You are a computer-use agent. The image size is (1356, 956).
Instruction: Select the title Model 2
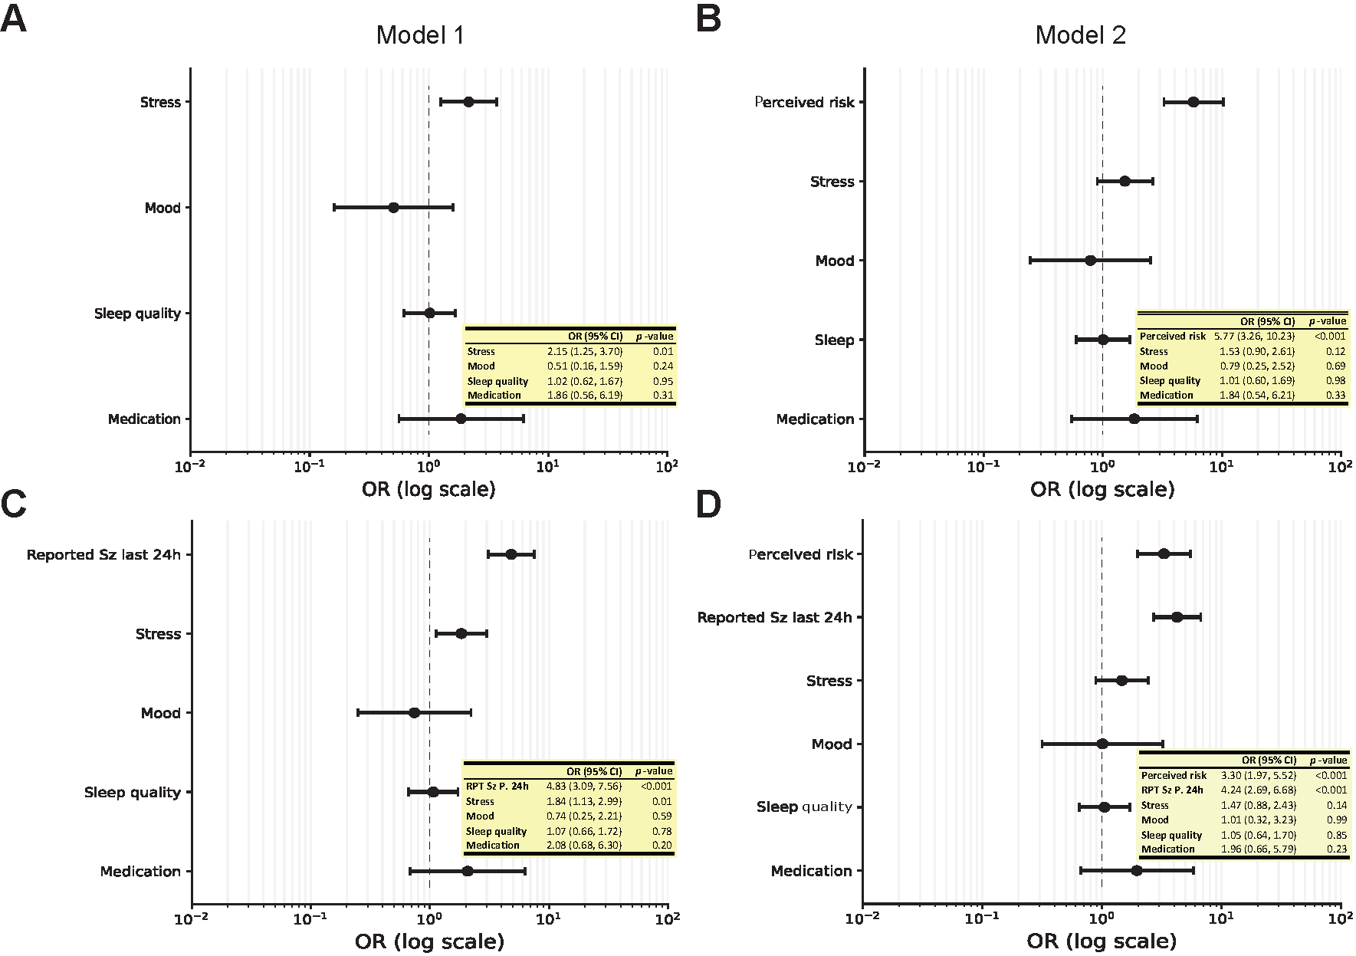(1080, 35)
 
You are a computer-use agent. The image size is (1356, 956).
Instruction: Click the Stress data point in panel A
(468, 102)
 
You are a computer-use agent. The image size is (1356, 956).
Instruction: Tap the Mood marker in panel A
(393, 208)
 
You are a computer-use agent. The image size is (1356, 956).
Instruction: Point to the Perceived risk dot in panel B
(1193, 102)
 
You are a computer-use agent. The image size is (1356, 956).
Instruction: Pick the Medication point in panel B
(1134, 419)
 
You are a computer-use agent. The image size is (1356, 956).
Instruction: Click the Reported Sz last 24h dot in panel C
(511, 554)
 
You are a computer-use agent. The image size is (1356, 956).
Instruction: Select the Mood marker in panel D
(1102, 744)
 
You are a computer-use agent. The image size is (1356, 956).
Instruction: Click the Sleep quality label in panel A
(137, 314)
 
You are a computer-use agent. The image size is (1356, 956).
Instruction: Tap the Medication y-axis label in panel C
(140, 872)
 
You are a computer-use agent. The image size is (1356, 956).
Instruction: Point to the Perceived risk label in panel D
(800, 554)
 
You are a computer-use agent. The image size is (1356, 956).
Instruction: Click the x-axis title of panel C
(429, 941)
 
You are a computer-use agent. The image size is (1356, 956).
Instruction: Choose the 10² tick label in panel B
(1340, 465)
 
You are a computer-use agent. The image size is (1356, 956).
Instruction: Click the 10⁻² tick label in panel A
(190, 465)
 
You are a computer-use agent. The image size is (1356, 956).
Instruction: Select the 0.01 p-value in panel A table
(663, 351)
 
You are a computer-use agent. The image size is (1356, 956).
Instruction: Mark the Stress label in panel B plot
(832, 182)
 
